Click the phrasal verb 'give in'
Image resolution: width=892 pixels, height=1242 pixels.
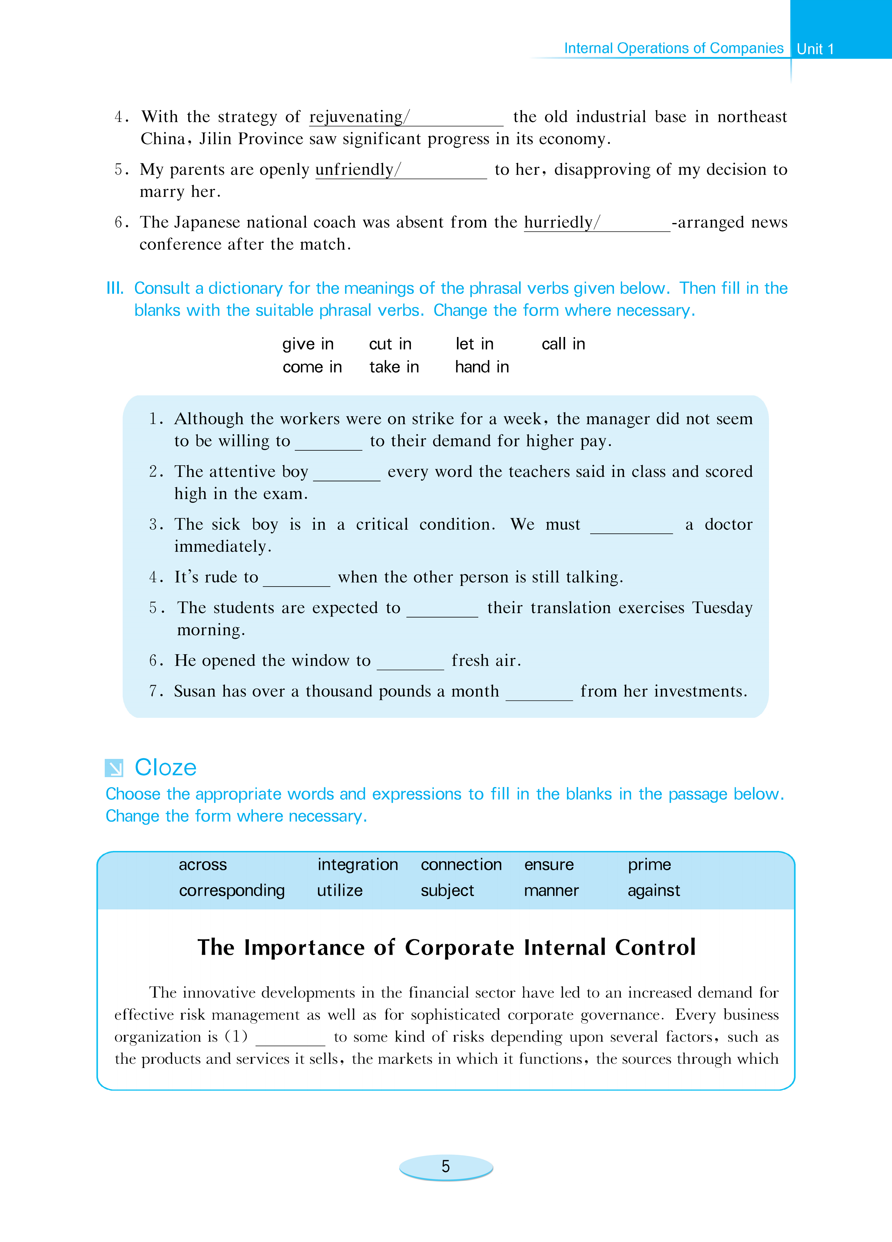(x=308, y=344)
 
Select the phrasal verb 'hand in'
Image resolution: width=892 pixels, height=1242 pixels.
(x=482, y=367)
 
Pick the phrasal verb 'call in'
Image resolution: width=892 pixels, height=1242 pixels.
(x=563, y=344)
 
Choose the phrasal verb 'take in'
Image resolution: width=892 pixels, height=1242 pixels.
(x=394, y=367)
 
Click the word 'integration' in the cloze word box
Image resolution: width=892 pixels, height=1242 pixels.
(x=357, y=865)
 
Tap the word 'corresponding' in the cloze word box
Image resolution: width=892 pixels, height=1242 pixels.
(x=232, y=890)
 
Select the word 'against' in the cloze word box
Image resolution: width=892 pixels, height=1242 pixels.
(x=654, y=890)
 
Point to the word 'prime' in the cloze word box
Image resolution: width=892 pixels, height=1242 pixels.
(x=649, y=865)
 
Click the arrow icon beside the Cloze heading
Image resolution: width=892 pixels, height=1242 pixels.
(x=114, y=768)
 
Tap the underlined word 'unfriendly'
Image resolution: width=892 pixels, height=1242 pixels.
(x=354, y=170)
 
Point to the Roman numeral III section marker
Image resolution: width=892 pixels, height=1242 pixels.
(x=115, y=288)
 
